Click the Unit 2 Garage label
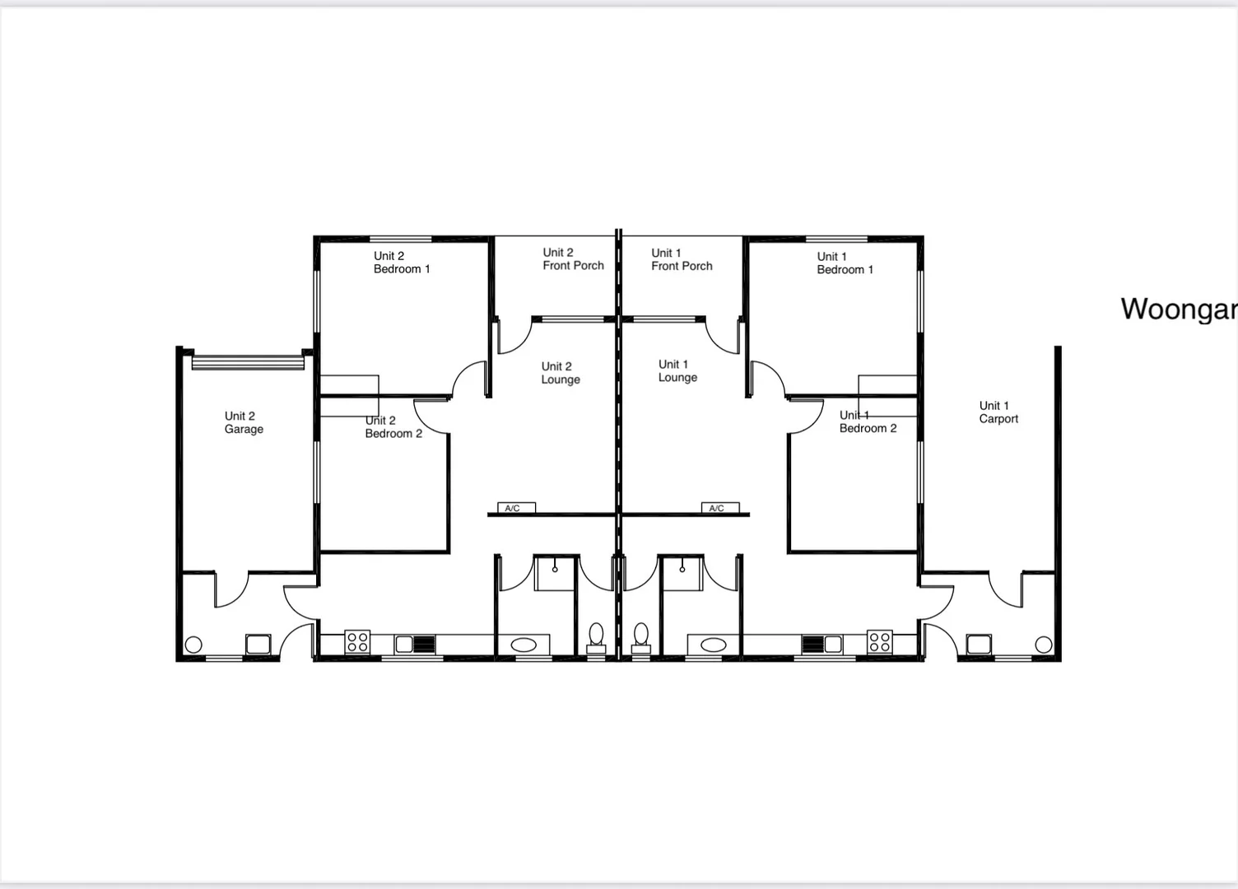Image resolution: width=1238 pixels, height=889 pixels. tap(244, 422)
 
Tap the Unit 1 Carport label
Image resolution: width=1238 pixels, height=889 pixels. tap(998, 412)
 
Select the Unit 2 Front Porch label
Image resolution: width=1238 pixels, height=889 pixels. tap(573, 259)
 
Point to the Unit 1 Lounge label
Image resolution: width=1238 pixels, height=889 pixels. tap(677, 371)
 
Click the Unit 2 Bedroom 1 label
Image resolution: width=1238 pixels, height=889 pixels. tap(402, 263)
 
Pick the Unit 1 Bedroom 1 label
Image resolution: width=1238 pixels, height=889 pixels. tap(845, 263)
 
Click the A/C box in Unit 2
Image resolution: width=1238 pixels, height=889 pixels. tap(516, 508)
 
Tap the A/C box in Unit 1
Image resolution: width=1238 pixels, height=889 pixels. tap(719, 508)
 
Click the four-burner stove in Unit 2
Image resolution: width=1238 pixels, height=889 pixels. tap(357, 641)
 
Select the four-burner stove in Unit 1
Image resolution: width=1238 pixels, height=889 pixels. tap(879, 641)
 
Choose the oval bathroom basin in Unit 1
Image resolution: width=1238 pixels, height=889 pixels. tap(713, 645)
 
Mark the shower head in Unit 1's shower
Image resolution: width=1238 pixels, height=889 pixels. tap(682, 568)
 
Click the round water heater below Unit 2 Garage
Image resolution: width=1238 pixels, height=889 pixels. tap(193, 645)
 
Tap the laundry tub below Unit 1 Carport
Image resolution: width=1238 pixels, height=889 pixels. tap(979, 644)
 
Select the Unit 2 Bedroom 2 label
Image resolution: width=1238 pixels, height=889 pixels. tap(393, 427)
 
